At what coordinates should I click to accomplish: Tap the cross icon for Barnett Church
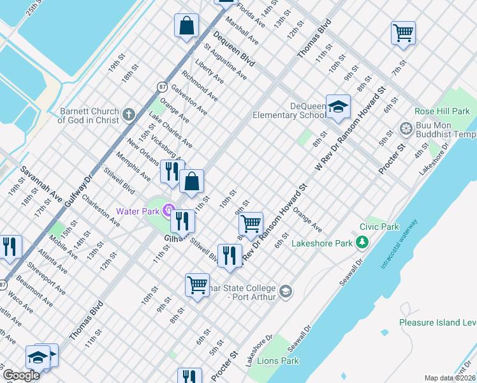tap(129, 115)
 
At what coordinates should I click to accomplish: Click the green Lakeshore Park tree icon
tap(363, 243)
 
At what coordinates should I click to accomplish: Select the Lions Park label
tap(279, 361)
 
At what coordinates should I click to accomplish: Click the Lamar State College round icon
tap(286, 292)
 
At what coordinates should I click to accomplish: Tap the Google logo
tap(21, 375)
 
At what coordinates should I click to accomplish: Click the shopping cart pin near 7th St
tap(404, 33)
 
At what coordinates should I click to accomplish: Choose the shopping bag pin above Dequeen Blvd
tap(187, 27)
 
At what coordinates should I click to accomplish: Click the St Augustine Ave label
tap(225, 62)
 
